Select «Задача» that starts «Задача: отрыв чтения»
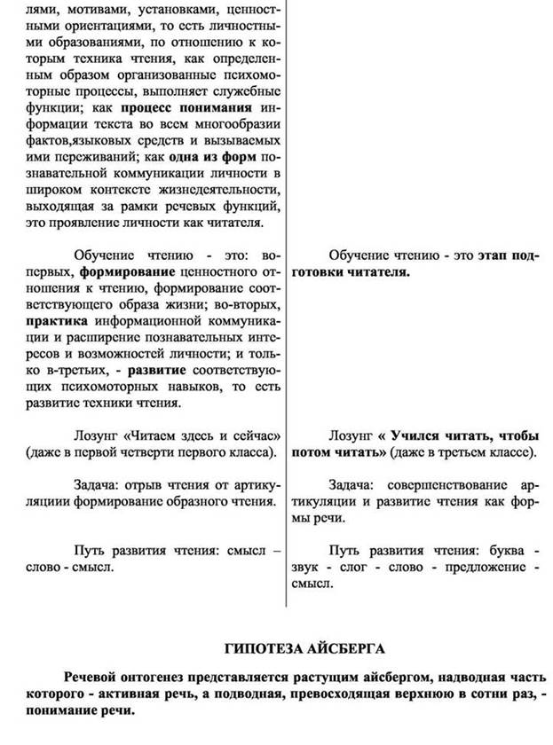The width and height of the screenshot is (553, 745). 99,486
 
